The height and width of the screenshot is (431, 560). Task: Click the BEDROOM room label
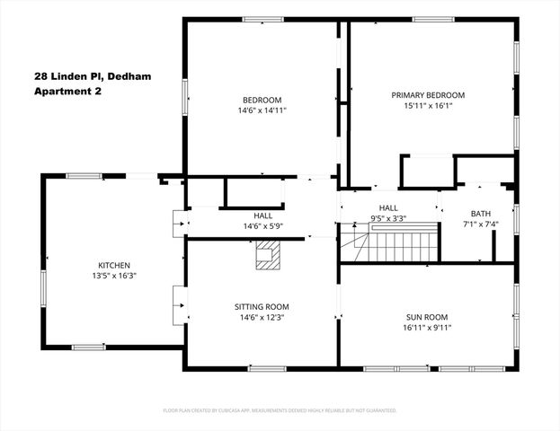tap(262, 100)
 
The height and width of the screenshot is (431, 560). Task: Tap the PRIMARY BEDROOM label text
tap(428, 95)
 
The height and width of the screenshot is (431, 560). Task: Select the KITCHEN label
tap(114, 266)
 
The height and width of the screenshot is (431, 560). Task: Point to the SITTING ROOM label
tap(262, 307)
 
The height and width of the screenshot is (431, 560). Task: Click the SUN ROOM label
tap(428, 316)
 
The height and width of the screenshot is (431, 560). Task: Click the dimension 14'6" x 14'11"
tap(262, 110)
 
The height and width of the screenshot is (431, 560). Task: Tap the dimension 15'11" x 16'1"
tap(428, 106)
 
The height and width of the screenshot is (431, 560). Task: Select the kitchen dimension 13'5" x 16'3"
tap(114, 277)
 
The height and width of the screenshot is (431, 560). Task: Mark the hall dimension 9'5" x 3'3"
tap(388, 218)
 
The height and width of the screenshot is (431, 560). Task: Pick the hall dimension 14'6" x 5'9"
tap(262, 226)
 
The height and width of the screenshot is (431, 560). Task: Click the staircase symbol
tap(403, 245)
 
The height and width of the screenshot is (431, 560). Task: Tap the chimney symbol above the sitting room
tap(266, 259)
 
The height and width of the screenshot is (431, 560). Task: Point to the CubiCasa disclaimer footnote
tap(280, 409)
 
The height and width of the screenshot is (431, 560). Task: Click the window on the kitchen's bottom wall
tap(88, 347)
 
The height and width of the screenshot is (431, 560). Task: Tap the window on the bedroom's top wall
tap(263, 19)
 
